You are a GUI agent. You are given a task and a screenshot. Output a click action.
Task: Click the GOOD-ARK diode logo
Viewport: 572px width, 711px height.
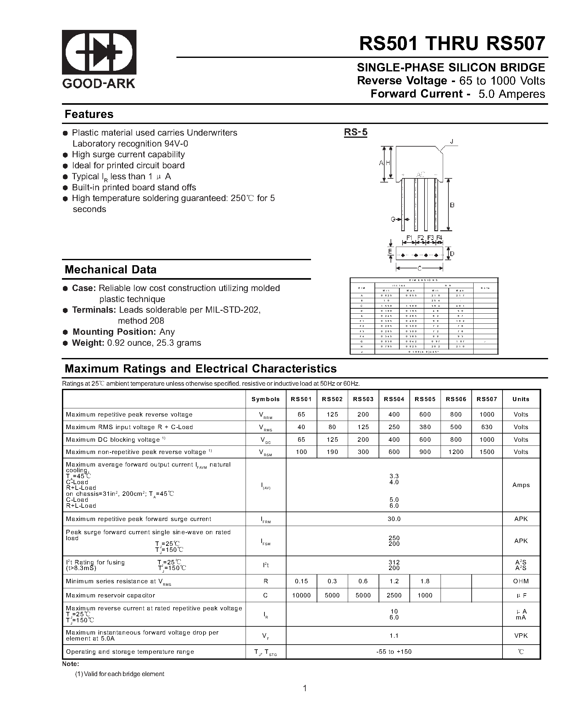(99, 52)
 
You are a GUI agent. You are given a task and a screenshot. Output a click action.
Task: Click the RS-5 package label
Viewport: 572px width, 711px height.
(355, 132)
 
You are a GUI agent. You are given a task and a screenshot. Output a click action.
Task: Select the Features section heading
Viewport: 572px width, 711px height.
(89, 114)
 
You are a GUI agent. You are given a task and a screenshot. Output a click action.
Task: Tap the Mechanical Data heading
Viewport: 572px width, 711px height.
(110, 269)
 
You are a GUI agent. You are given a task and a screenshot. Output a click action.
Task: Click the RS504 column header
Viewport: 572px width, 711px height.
(394, 399)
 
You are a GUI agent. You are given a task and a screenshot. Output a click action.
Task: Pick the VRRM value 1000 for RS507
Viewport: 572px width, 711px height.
(486, 415)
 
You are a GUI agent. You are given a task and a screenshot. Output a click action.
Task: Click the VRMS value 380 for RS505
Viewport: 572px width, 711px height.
(425, 427)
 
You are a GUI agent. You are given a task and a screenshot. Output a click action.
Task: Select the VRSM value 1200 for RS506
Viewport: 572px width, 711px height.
(456, 452)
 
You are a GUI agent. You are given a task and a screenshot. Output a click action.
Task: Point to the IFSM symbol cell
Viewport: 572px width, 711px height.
(265, 541)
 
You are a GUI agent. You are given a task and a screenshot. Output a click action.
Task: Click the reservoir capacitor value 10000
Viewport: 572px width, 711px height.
(301, 595)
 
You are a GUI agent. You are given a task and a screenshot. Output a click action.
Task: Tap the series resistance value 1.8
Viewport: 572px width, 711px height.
(425, 581)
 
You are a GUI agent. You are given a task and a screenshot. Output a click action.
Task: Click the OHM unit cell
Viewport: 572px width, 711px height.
(521, 581)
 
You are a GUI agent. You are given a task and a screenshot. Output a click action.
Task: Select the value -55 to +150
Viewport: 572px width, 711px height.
(394, 652)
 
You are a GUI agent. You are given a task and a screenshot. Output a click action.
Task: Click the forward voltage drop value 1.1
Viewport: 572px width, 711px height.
(394, 635)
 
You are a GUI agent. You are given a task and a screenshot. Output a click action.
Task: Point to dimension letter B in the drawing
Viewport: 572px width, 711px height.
(452, 205)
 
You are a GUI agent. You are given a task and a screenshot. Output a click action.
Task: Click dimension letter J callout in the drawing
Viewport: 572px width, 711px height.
(452, 142)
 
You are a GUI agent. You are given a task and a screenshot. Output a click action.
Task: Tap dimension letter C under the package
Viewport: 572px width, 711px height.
(419, 268)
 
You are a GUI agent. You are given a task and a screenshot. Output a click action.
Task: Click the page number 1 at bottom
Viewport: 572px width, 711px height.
(305, 688)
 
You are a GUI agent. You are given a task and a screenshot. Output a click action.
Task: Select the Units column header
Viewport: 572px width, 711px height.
(521, 399)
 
